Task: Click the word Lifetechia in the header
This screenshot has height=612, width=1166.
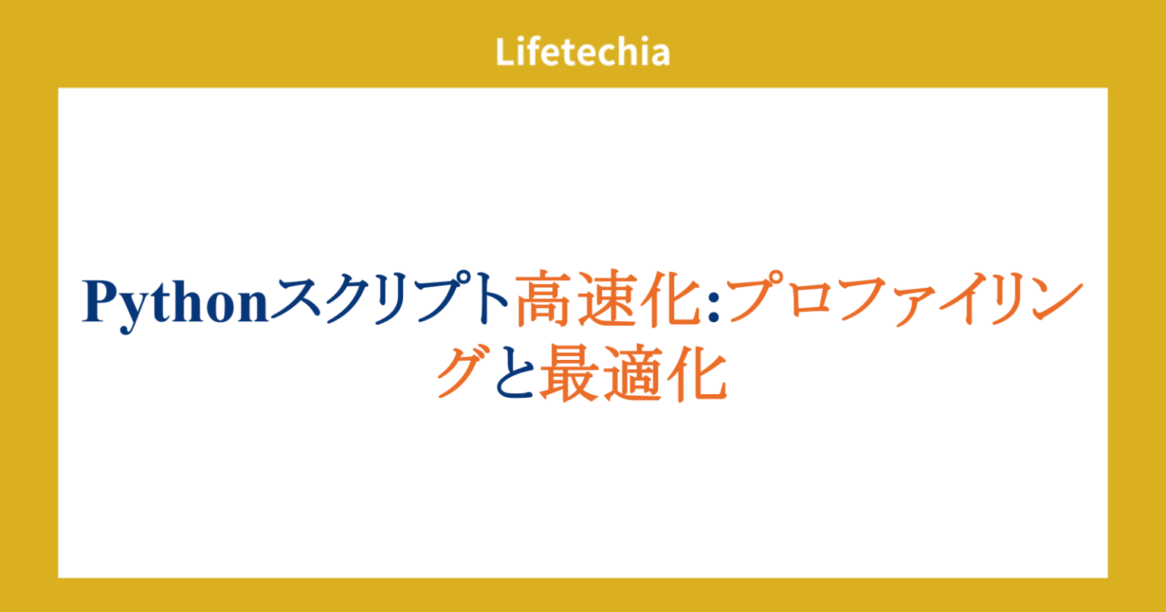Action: pyautogui.click(x=582, y=52)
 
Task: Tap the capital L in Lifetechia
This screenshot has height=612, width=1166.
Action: pyautogui.click(x=504, y=52)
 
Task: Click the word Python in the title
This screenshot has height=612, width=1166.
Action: pyautogui.click(x=177, y=303)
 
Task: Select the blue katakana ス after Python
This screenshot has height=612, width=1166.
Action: pyautogui.click(x=296, y=302)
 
